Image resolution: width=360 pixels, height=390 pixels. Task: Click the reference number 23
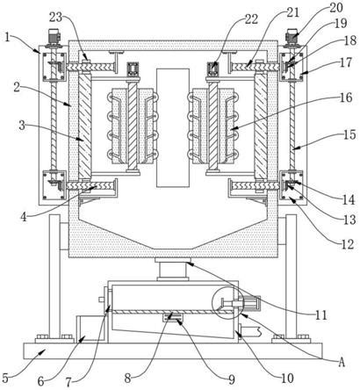[x=55, y=18]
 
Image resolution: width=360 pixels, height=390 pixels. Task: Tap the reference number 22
[x=251, y=19]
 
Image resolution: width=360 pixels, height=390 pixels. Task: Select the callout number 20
[x=336, y=8]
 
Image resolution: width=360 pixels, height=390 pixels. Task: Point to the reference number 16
[x=346, y=97]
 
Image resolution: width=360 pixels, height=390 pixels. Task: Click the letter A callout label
[x=342, y=363]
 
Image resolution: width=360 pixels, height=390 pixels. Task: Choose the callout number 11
[x=320, y=314]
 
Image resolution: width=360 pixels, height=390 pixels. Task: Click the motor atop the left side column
[x=53, y=37]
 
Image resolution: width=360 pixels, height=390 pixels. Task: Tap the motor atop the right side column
[x=292, y=37]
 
